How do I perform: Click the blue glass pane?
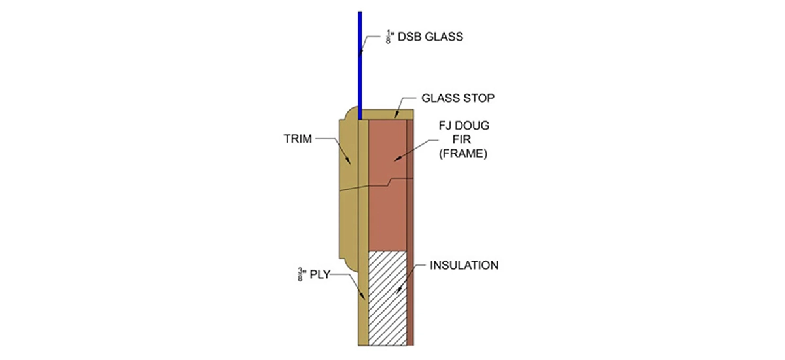click(360, 65)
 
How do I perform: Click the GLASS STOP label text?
click(457, 98)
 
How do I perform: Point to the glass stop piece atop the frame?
click(386, 114)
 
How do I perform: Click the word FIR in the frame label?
click(455, 140)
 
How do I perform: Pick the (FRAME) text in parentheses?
click(455, 154)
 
